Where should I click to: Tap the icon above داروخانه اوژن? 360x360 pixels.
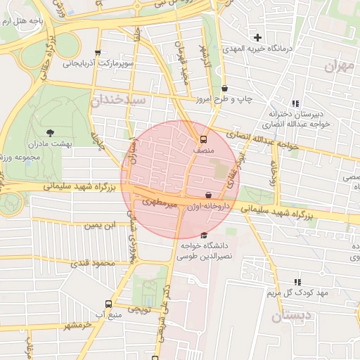click(x=207, y=195)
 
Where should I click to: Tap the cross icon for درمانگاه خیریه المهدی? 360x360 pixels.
click(x=258, y=37)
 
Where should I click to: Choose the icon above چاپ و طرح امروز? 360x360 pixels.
click(x=224, y=89)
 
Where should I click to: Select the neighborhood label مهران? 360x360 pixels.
click(x=337, y=67)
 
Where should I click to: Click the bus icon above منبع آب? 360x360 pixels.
click(x=108, y=304)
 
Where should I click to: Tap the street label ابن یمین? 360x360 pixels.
click(x=99, y=225)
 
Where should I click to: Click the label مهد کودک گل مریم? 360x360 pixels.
click(x=296, y=292)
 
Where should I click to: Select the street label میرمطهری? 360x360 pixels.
click(x=157, y=202)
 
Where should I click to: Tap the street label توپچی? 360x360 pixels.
click(x=139, y=308)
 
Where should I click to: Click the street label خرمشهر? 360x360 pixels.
click(x=77, y=325)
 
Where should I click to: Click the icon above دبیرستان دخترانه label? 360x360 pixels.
click(x=295, y=103)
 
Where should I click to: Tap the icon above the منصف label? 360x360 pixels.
click(x=203, y=139)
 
